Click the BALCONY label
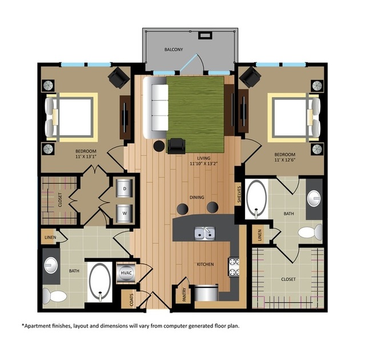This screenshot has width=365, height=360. click(x=174, y=50)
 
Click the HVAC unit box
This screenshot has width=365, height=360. click(x=126, y=273)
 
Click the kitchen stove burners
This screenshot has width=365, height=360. click(x=234, y=267)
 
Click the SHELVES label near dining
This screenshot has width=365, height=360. click(x=239, y=196)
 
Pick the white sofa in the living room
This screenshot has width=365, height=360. click(x=154, y=108)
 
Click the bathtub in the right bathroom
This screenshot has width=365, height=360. click(x=256, y=199)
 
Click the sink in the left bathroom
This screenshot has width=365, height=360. click(x=51, y=265)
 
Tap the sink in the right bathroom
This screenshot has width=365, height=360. click(x=314, y=199)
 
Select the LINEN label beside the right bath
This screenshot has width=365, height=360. click(x=260, y=234)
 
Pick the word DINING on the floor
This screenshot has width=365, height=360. click(x=197, y=197)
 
